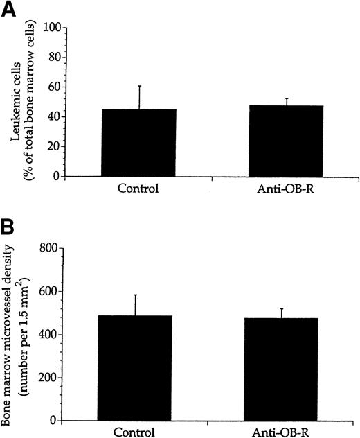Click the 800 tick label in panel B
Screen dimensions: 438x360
(x=46, y=247)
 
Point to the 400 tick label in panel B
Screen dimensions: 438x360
(x=46, y=334)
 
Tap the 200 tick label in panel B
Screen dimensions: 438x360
(x=46, y=378)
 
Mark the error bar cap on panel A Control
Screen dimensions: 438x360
(x=141, y=86)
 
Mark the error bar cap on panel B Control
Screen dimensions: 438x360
(x=141, y=295)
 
